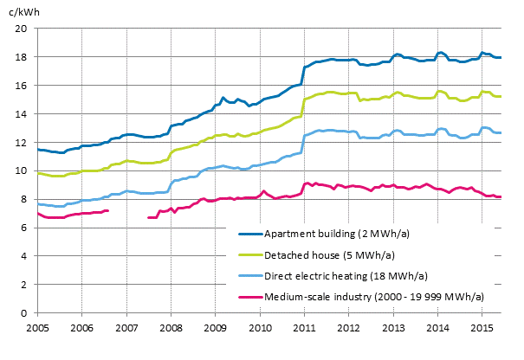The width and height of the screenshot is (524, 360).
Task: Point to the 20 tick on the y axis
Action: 23,29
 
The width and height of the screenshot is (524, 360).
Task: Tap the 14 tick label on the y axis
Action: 23,114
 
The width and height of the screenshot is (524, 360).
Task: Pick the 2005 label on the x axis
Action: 37,329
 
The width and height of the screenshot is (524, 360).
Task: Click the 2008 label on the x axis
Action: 171,329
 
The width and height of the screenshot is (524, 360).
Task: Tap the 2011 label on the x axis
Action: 304,329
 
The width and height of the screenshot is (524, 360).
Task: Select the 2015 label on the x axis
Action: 482,329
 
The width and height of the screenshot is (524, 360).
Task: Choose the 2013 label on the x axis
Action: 392,329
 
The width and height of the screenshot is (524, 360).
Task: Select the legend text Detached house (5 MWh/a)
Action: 322,254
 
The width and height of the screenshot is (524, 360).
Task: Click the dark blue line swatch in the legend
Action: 249,234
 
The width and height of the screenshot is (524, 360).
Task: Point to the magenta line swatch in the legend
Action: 249,296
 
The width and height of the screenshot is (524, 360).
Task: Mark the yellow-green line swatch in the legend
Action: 249,254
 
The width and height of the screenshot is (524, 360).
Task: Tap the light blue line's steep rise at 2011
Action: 302,145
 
